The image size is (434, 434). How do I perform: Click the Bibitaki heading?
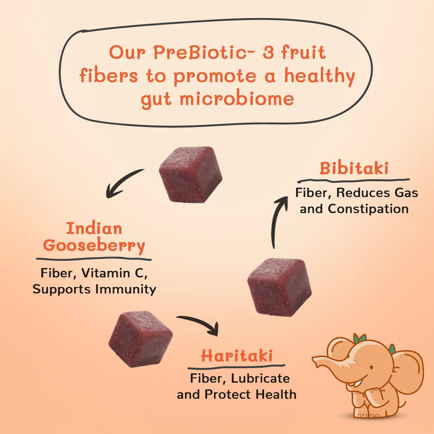[354, 168]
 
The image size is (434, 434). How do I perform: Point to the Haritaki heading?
[237, 355]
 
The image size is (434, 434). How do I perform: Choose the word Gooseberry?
[94, 246]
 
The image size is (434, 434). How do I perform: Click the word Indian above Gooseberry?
[94, 228]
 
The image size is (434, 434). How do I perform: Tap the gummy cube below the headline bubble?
[190, 174]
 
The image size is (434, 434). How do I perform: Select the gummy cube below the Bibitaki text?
[279, 287]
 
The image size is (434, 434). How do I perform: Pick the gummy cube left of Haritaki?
[140, 339]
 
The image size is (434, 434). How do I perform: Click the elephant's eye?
[371, 367]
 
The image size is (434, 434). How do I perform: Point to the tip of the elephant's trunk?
[313, 359]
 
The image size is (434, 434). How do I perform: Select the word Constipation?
[368, 209]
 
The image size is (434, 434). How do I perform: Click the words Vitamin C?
[114, 273]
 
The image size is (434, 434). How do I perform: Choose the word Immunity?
[126, 289]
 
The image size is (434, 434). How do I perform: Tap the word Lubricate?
[260, 379]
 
